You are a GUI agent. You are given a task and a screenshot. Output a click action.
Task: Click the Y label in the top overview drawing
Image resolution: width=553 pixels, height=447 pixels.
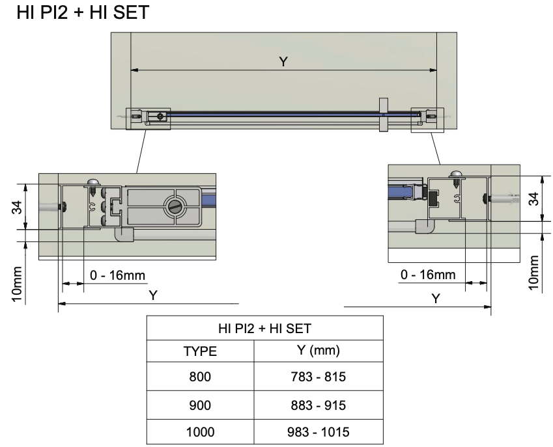coord(283,61)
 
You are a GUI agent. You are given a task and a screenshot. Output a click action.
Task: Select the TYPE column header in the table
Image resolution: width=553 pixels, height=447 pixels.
coord(200,352)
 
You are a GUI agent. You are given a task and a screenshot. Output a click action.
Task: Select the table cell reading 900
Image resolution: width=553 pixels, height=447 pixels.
coord(200,405)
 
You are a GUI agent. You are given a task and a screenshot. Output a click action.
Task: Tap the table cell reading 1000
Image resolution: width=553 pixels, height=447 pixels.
coord(200,431)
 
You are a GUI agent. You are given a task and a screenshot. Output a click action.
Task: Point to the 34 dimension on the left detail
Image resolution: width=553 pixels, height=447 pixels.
coord(18,206)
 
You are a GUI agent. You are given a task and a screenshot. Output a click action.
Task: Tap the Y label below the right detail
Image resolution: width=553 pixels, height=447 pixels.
coord(436,298)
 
